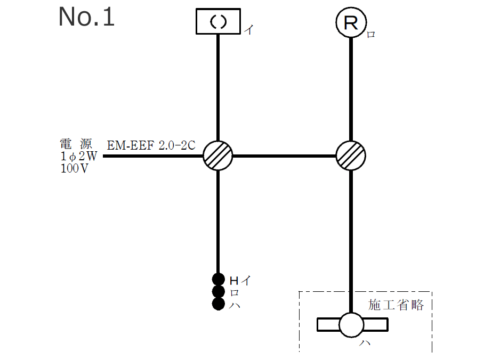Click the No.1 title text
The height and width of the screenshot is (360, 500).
pos(86,17)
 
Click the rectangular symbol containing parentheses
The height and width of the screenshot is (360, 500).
pos(218,21)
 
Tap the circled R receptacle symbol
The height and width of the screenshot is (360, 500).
pos(350,22)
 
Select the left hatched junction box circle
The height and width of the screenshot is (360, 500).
pos(218,156)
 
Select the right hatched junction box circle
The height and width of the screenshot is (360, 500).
pos(350,156)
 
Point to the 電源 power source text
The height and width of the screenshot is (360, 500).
pos(76,144)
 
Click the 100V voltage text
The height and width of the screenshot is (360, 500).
pos(74,170)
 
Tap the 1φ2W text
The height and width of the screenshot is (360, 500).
pos(79,157)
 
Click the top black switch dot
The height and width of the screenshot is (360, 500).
pos(218,279)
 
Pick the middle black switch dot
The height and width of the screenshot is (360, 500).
pos(218,291)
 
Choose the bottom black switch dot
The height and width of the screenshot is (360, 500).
pos(218,304)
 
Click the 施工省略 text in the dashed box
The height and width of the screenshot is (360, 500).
pos(396,305)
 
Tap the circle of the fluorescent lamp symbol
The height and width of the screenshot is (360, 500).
pos(351,324)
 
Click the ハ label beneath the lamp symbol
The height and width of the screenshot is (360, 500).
pos(365,343)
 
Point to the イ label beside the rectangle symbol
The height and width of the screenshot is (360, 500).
pos(248,30)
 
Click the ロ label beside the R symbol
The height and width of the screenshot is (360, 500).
pos(371,35)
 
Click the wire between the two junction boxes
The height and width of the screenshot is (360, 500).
pos(284,156)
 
